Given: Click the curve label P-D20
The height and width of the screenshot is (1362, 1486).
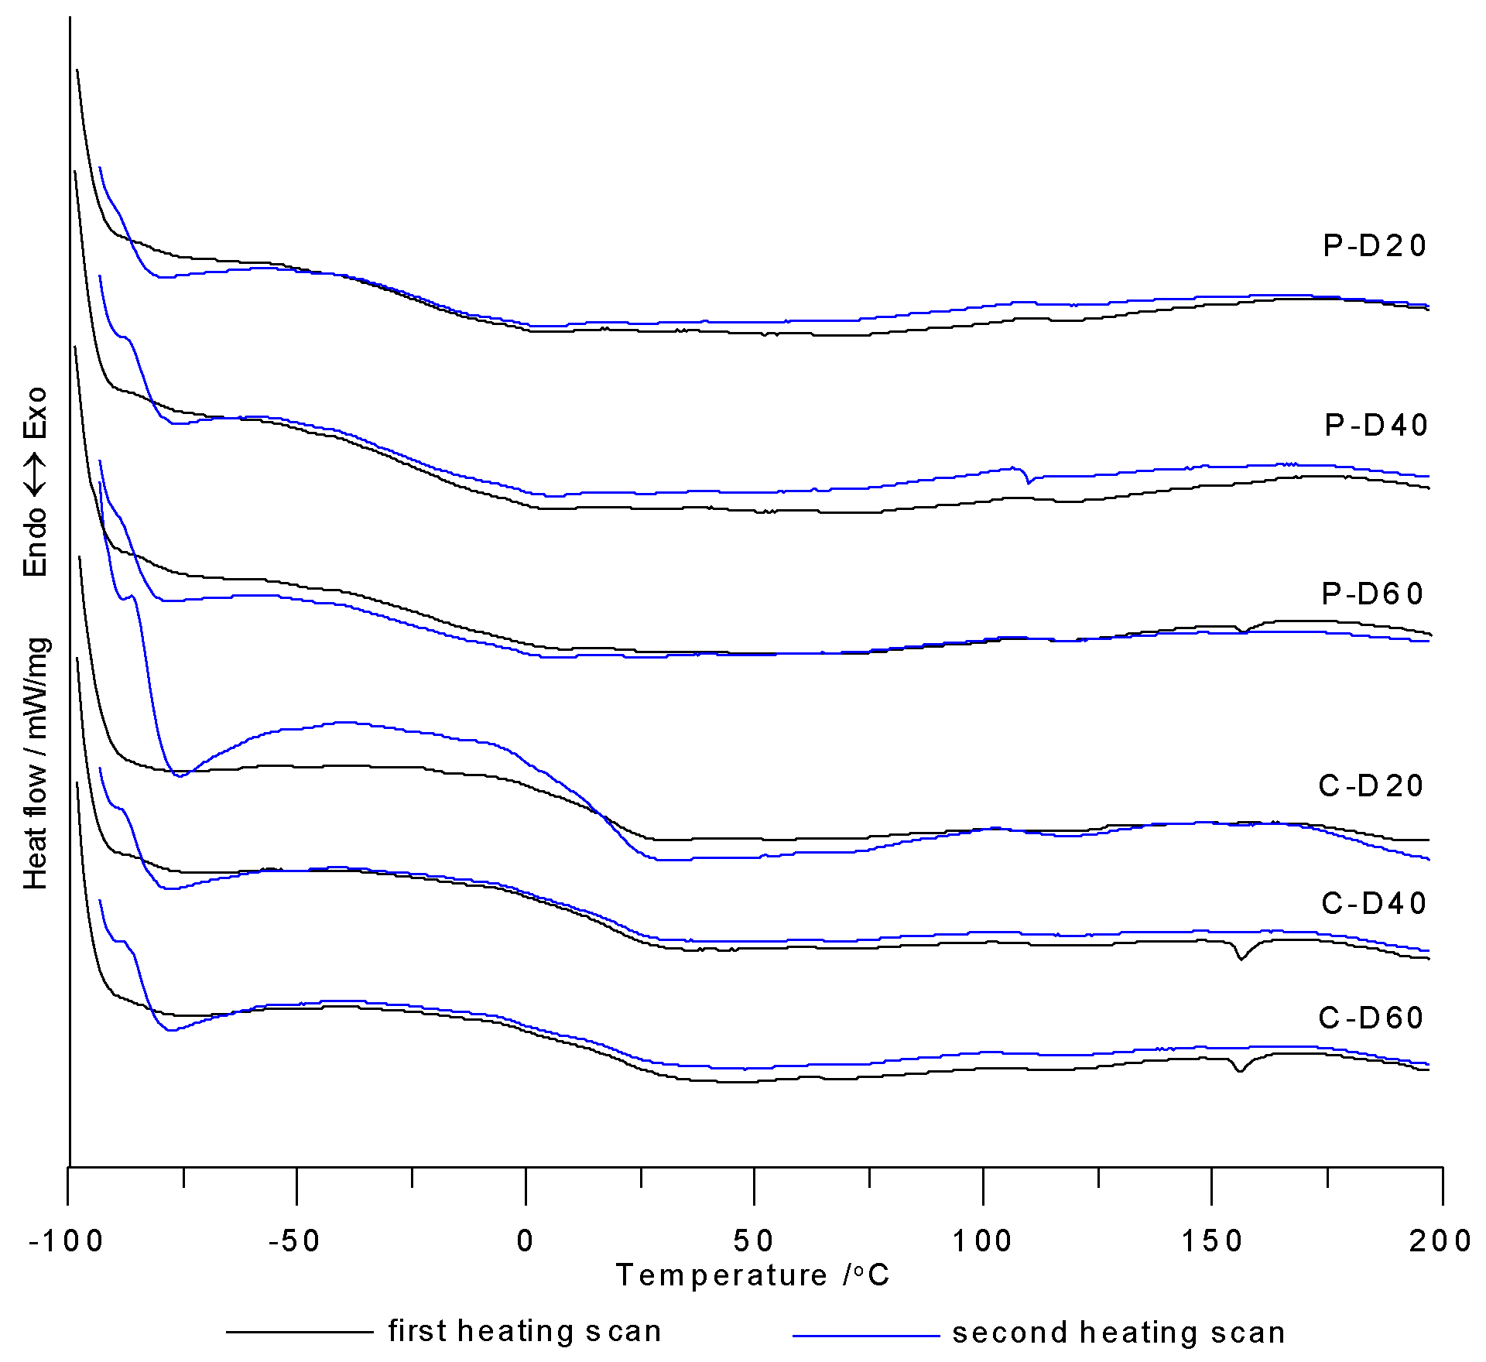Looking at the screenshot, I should coord(1375,246).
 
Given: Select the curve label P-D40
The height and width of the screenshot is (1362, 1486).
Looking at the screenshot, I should coord(1376,425).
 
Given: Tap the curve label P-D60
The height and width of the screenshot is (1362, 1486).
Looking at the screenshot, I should coord(1372,594).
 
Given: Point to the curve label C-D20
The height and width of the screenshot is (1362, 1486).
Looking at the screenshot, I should coord(1371,785).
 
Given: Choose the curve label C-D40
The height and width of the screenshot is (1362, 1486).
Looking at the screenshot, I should coord(1374,903).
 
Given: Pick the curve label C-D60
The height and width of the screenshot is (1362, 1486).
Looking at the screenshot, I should coord(1371,1017).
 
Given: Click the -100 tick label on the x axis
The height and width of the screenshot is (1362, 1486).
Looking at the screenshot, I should coord(67,1241).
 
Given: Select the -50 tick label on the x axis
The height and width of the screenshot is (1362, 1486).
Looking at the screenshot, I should coord(295,1241).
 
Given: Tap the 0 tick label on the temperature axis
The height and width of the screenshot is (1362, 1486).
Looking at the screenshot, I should coord(526,1241).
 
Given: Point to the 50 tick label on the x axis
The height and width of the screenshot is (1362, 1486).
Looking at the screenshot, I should coord(754,1241).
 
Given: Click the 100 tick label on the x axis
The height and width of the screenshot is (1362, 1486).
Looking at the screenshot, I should coord(982,1241).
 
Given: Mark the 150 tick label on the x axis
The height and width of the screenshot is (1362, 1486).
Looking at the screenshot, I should coord(1212,1241).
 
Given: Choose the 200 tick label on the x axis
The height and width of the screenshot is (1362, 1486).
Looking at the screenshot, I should coord(1440,1241).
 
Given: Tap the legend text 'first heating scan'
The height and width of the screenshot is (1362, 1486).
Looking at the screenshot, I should coord(525,1331).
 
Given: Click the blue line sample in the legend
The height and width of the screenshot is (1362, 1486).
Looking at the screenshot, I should coord(865,1336).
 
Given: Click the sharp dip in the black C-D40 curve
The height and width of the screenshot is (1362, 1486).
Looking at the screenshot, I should coord(1241,958).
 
